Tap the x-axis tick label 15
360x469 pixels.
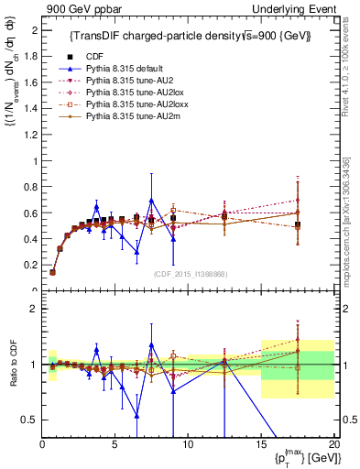261,445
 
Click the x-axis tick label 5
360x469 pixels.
115,445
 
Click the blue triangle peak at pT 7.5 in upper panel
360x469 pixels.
151,201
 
